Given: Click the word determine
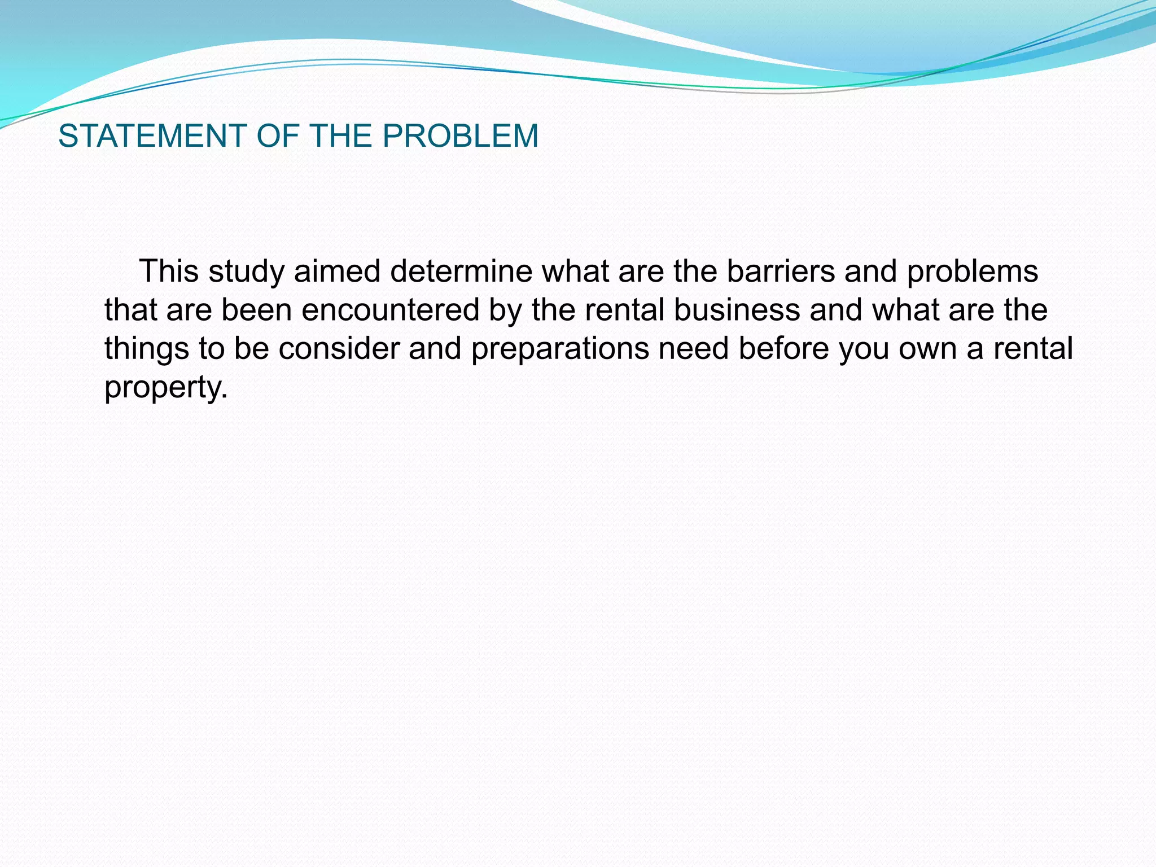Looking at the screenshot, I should pos(461,271).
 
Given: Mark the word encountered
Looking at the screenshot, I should pos(390,310).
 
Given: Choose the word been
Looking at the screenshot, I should pos(256,310).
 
